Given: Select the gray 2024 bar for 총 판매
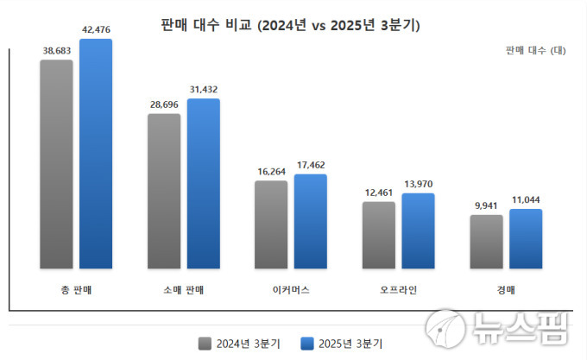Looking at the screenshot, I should click(56, 164).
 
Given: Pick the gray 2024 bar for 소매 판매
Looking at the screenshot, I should click(164, 191).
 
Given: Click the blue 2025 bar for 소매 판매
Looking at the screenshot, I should click(204, 183).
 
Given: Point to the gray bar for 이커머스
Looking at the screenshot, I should click(271, 224).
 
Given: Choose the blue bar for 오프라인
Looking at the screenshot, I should click(418, 231).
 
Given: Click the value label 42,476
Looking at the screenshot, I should click(96, 30).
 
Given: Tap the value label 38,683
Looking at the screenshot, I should click(57, 51).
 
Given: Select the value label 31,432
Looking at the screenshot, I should click(204, 90).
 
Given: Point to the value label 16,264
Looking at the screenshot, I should click(271, 172).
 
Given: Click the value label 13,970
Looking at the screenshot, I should click(418, 184).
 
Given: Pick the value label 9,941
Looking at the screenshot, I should click(486, 206).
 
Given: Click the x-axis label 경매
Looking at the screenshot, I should click(505, 289).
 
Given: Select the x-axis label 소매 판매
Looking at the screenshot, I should click(183, 289).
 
